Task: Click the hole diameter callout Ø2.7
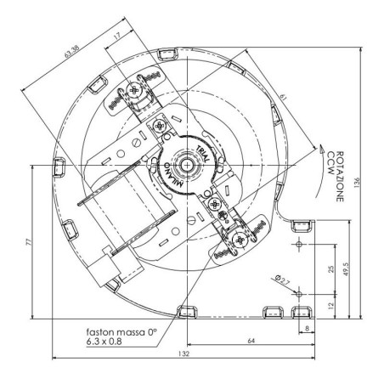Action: [280, 276]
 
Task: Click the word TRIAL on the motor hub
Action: [203, 151]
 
